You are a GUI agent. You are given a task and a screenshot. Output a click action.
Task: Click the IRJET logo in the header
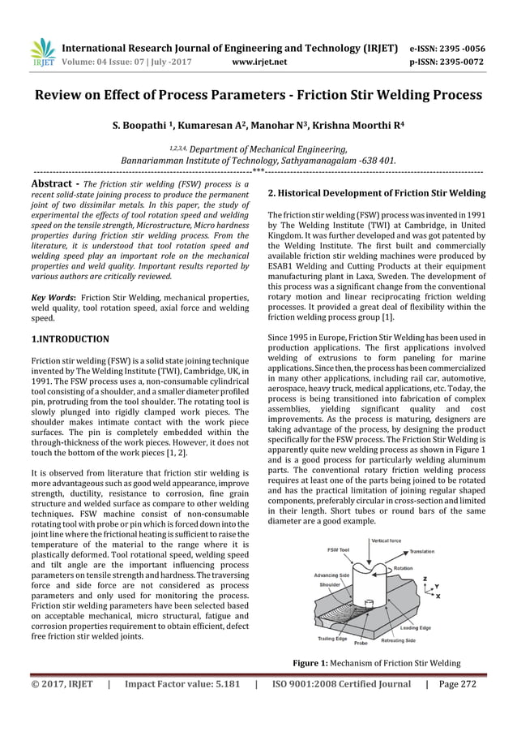point(41,53)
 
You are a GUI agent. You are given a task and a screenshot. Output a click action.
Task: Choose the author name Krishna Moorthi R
point(351,126)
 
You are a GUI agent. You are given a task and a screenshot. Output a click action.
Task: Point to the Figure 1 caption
point(376,663)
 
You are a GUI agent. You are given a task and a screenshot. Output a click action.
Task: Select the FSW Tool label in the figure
point(339,549)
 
